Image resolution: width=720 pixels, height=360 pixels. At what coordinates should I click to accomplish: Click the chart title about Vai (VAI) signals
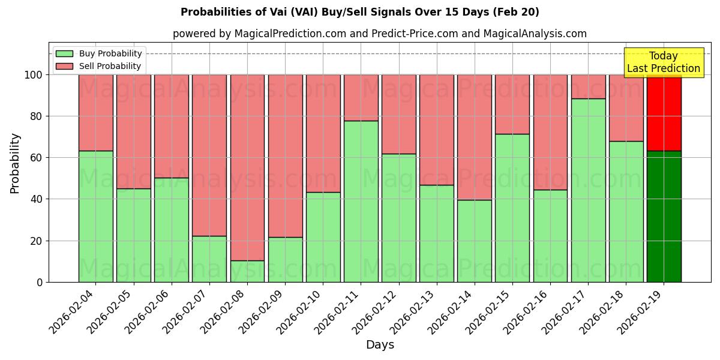click(359, 12)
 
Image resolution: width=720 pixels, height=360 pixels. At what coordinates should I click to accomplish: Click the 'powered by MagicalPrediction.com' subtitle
click(379, 34)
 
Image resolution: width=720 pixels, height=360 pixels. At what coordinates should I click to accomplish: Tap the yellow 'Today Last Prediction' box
click(663, 62)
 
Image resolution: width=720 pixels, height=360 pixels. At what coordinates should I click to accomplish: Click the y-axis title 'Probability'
click(15, 163)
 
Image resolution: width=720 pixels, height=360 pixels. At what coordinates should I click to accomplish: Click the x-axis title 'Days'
click(380, 345)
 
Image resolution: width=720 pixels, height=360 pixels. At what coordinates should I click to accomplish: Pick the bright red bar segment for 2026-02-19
click(664, 113)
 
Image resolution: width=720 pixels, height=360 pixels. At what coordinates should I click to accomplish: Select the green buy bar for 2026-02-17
click(588, 190)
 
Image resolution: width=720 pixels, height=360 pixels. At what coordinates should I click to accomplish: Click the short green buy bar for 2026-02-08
click(247, 271)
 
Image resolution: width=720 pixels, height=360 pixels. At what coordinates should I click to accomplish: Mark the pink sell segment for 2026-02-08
click(247, 167)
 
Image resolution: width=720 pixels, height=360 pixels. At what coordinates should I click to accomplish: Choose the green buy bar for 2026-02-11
click(361, 201)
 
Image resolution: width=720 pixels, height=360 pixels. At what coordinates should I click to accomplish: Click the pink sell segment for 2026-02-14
click(474, 137)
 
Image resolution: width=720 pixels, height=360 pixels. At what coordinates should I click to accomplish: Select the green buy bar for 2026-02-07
click(209, 259)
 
